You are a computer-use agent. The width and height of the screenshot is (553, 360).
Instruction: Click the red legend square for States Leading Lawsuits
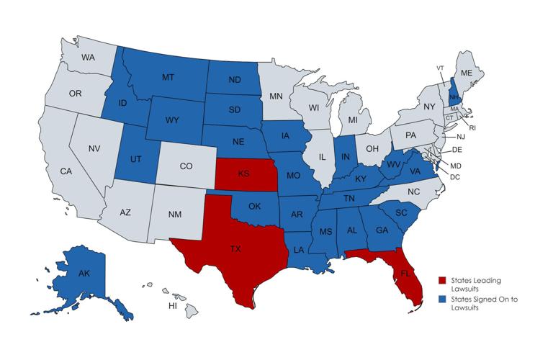pyautogui.click(x=442, y=280)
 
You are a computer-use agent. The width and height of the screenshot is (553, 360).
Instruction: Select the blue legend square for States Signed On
pyautogui.click(x=442, y=299)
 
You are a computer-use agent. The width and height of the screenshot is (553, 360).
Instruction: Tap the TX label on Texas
pyautogui.click(x=235, y=250)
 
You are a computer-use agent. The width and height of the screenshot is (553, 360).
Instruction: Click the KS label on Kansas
pyautogui.click(x=244, y=174)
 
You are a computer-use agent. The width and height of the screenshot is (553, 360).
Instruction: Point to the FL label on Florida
pyautogui.click(x=405, y=274)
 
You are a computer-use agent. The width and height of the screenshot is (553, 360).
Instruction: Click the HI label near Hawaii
pyautogui.click(x=173, y=305)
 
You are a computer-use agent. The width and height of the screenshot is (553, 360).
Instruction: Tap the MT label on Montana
pyautogui.click(x=168, y=77)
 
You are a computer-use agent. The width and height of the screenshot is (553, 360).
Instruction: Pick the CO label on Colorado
pyautogui.click(x=186, y=166)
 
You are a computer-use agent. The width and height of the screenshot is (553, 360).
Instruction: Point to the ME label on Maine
pyautogui.click(x=466, y=73)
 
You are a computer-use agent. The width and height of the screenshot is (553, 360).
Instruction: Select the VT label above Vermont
pyautogui.click(x=440, y=68)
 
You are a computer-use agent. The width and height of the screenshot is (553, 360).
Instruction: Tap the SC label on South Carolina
pyautogui.click(x=403, y=213)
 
